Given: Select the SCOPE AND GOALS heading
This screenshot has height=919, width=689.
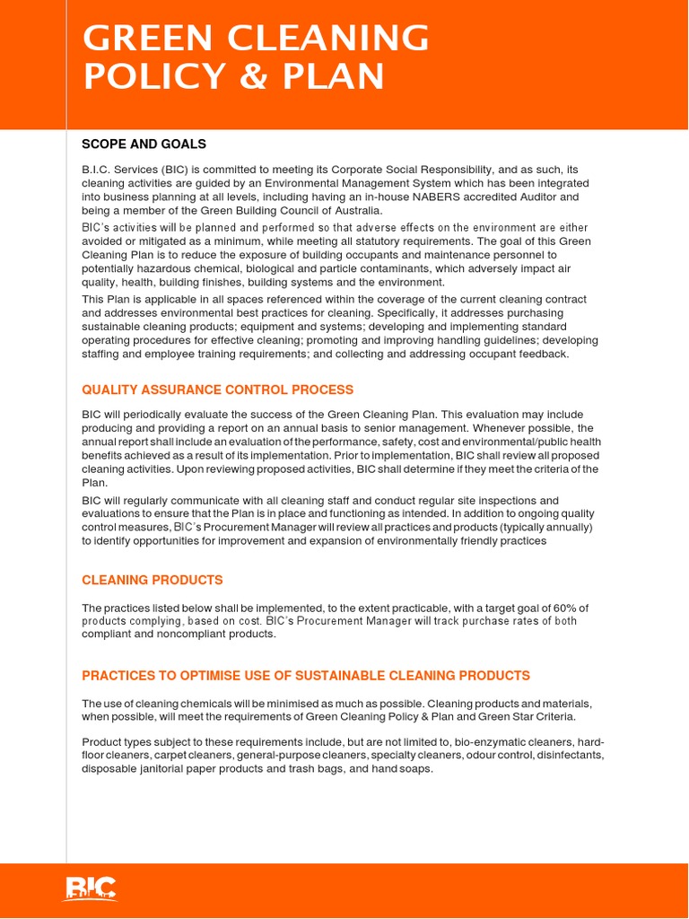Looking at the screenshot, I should click(x=144, y=144).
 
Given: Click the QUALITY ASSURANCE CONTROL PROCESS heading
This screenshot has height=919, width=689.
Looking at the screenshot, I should click(x=217, y=389).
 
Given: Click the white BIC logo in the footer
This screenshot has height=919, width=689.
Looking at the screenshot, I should click(x=91, y=888).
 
